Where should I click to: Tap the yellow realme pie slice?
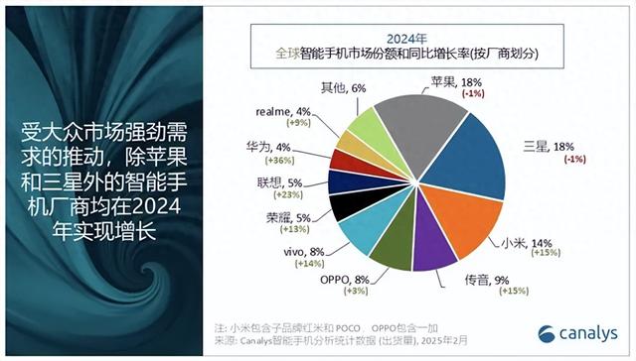[358, 144]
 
